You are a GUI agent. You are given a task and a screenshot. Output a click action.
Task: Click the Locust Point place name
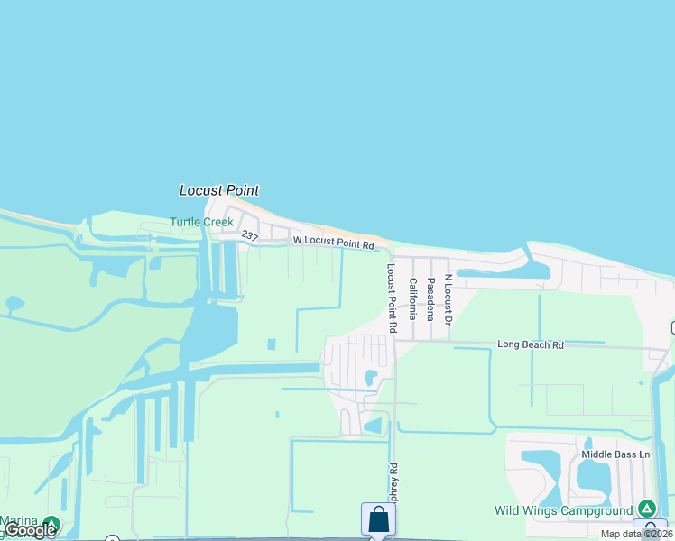tap(219, 190)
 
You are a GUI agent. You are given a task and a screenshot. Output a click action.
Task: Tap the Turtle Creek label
tap(202, 222)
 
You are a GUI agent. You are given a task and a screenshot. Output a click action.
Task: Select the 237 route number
tap(250, 234)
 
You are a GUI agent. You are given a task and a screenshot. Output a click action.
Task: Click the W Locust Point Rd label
tap(333, 243)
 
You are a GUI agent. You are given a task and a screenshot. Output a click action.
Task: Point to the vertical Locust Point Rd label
tap(392, 298)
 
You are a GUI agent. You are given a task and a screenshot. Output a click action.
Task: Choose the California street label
tap(413, 298)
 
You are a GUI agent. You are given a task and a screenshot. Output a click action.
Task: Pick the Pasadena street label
tap(430, 298)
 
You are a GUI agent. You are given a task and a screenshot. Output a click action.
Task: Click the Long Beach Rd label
tap(531, 344)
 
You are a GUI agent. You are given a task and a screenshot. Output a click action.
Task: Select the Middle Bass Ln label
tap(615, 454)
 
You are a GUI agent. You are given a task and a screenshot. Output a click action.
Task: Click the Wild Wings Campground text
tap(563, 510)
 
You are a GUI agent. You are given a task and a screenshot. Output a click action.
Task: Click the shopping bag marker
tap(378, 519)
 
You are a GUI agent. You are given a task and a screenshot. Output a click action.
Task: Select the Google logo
tap(30, 530)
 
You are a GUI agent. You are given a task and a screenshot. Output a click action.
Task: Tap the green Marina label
tap(18, 520)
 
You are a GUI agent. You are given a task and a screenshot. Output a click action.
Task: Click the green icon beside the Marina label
tap(51, 523)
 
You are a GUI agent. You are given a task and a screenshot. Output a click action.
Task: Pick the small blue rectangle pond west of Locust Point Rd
tap(271, 344)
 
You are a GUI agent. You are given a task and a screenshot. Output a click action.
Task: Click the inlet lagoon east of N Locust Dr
tap(492, 272)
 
